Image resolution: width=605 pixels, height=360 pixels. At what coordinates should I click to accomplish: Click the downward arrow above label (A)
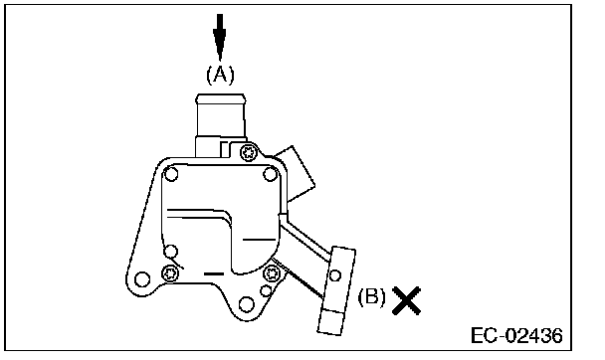220,37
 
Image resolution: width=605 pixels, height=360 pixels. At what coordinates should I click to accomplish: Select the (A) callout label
220,75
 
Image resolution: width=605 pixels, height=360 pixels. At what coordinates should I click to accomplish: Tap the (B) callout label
371,297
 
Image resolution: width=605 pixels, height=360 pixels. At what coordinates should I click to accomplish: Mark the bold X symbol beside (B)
406,300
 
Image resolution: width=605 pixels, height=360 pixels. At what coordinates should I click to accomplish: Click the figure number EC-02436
516,335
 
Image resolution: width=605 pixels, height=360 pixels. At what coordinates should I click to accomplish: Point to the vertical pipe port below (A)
221,125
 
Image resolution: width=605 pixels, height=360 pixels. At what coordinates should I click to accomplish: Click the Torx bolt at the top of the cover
249,153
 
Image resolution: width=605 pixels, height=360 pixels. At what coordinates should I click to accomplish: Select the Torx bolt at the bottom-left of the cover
169,273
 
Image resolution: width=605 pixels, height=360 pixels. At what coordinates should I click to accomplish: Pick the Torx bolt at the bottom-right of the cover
271,274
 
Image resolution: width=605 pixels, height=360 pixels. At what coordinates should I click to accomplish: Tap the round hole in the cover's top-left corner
171,174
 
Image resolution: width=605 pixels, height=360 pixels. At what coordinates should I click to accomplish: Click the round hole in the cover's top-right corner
270,175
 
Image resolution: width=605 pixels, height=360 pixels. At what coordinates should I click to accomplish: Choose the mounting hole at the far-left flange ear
142,279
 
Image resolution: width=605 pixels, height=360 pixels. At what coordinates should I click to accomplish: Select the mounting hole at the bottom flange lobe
247,304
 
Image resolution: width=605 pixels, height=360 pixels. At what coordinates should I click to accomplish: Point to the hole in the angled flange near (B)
335,275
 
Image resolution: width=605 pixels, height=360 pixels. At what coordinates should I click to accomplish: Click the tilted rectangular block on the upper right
296,173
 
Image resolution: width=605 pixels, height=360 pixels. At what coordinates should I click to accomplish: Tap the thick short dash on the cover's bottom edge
213,274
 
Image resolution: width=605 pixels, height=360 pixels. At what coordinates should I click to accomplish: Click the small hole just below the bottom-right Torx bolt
266,290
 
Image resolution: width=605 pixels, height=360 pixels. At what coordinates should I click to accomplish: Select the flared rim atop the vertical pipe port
221,98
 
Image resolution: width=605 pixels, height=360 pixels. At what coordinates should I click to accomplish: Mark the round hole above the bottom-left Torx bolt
170,252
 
